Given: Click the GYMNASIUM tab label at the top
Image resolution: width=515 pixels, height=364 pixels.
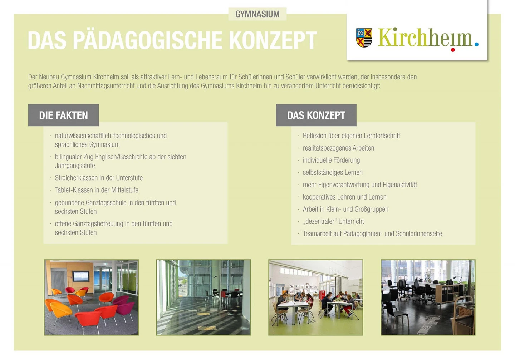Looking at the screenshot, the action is pyautogui.click(x=257, y=14).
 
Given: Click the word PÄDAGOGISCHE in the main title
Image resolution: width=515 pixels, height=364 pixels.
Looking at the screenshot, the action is pyautogui.click(x=147, y=40).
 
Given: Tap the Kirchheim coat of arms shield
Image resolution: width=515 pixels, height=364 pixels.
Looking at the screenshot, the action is pyautogui.click(x=364, y=38).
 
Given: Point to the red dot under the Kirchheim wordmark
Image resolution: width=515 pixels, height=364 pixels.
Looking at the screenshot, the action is pyautogui.click(x=453, y=50).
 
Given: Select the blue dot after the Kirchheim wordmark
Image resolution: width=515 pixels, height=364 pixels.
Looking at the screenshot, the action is pyautogui.click(x=476, y=44).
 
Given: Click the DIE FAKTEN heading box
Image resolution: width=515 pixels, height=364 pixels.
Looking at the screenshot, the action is pyautogui.click(x=63, y=115).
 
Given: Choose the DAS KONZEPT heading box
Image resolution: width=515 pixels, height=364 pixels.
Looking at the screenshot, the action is pyautogui.click(x=316, y=115).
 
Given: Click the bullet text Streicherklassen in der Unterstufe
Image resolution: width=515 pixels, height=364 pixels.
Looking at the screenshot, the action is pyautogui.click(x=99, y=178).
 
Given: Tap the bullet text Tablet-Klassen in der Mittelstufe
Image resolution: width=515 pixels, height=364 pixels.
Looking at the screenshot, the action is pyautogui.click(x=97, y=190).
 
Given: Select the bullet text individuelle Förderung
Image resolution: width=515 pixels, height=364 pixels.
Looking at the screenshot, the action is pyautogui.click(x=331, y=160).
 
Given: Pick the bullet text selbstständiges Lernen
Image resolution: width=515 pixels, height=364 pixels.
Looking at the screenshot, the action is pyautogui.click(x=333, y=172).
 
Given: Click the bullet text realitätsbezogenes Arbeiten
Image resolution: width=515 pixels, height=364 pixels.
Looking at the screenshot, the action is pyautogui.click(x=338, y=148).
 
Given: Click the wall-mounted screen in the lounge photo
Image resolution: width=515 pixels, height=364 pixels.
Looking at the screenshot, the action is pyautogui.click(x=81, y=276).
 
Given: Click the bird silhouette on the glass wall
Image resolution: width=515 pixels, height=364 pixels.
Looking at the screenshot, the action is pyautogui.click(x=215, y=277).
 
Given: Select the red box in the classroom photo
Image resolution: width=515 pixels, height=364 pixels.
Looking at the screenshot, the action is pyautogui.click(x=322, y=294).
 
